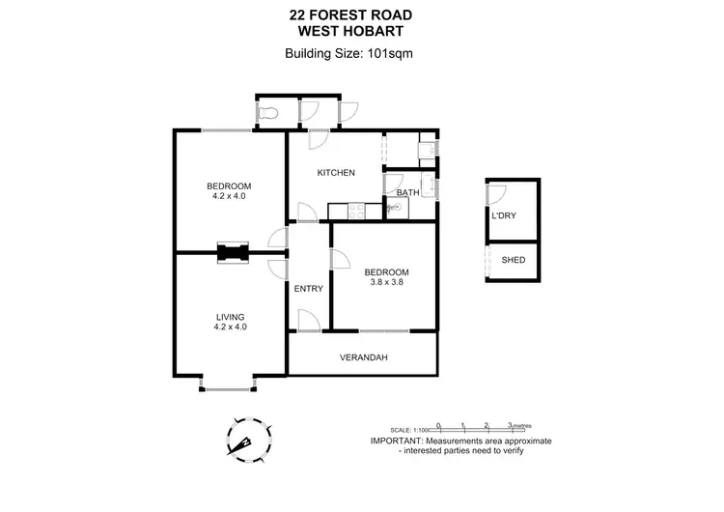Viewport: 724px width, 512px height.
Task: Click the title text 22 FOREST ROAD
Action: click(x=362, y=14)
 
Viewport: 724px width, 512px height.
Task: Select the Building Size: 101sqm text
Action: click(x=362, y=53)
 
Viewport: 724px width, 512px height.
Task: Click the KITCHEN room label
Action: click(x=337, y=173)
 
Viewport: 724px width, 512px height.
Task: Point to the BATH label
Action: click(x=407, y=192)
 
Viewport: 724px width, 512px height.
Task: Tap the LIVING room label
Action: click(x=230, y=316)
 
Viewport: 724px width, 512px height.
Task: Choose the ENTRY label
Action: click(x=309, y=288)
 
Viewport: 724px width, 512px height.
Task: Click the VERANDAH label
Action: click(x=364, y=357)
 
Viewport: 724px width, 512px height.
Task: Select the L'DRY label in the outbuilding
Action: click(x=504, y=215)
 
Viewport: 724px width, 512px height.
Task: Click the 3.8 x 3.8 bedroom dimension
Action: click(x=386, y=283)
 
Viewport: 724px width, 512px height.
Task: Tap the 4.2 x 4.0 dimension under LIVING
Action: click(x=230, y=327)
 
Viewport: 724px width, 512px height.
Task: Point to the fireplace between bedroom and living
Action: click(x=232, y=253)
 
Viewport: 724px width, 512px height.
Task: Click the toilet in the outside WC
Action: click(x=269, y=114)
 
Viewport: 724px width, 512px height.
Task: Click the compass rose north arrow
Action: click(x=243, y=440)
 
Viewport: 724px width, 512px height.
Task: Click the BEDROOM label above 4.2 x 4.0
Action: click(x=230, y=185)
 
